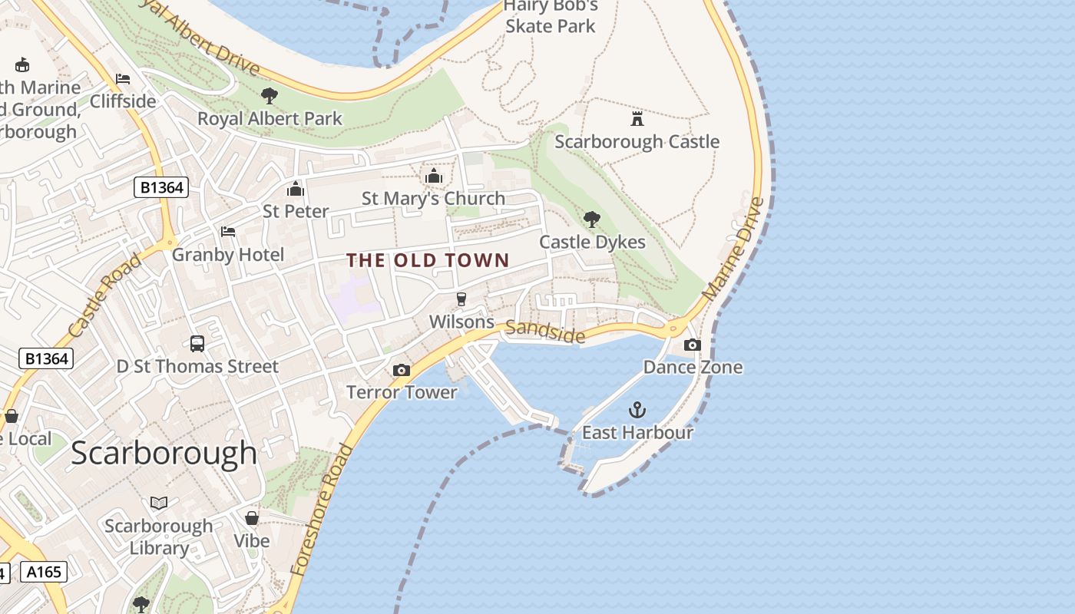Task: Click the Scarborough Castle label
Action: point(637,142)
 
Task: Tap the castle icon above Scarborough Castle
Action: point(637,119)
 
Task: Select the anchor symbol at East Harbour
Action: point(637,409)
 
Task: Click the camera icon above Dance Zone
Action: point(693,345)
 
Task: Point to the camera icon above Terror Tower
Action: point(401,371)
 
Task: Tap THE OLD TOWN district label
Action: point(428,260)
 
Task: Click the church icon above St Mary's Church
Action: point(434,177)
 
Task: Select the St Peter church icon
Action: point(296,189)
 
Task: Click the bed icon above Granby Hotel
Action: point(228,232)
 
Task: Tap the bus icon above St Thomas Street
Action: point(197,344)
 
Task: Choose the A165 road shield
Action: point(44,572)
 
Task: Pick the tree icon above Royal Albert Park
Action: point(269,96)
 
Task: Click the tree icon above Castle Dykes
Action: point(591,220)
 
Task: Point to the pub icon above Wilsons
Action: point(461,299)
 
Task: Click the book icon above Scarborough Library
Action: point(159,503)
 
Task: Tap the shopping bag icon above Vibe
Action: point(252,518)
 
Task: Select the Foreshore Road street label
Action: point(322,510)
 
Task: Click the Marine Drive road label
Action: point(734,249)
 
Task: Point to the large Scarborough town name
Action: point(164,453)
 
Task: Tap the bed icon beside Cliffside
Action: point(122,78)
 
